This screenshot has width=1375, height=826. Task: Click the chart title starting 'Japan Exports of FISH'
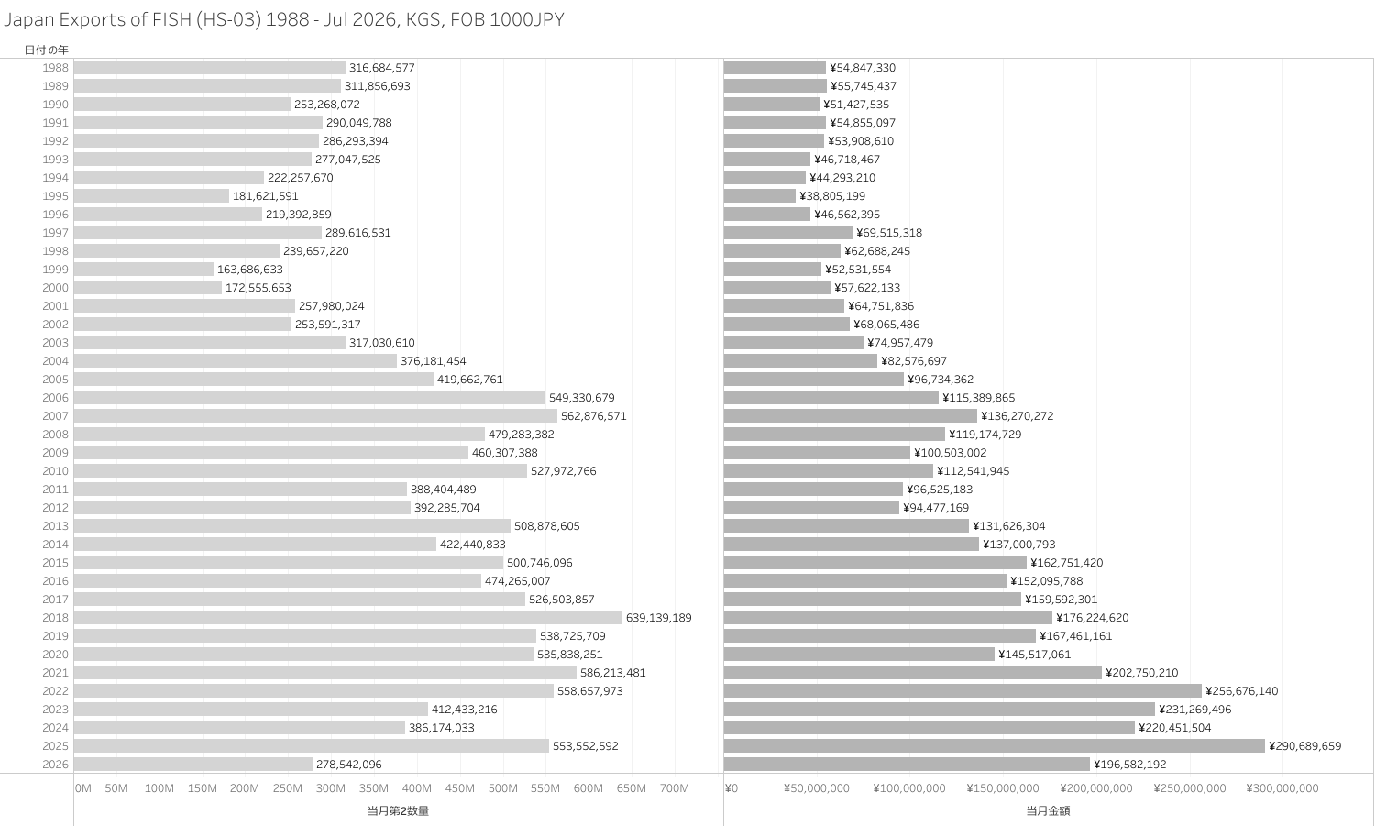point(284,19)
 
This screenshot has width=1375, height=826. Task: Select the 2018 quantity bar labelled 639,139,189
point(348,617)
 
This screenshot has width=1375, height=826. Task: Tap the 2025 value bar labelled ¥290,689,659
point(995,745)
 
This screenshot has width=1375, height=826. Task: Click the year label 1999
point(55,269)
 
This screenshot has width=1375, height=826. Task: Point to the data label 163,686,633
point(250,269)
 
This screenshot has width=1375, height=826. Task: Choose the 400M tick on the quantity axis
point(417,787)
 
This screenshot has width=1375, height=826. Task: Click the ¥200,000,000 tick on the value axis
point(1096,787)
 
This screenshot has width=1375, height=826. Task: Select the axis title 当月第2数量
point(399,810)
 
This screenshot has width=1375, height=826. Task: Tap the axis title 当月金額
point(1048,810)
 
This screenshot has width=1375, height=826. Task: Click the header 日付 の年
point(47,50)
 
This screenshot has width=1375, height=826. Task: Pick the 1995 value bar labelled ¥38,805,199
point(760,196)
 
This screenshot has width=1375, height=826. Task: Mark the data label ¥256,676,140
point(1242,691)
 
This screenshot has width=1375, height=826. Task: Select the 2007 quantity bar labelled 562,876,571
point(315,416)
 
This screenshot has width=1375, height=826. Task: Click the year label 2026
point(55,764)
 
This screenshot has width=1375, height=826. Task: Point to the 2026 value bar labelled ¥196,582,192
point(907,764)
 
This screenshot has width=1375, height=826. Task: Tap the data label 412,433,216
point(464,710)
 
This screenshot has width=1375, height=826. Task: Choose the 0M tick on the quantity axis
point(82,787)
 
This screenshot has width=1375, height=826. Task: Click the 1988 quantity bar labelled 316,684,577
point(210,68)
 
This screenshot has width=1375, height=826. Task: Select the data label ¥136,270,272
point(1017,416)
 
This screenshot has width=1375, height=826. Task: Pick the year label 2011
point(55,490)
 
